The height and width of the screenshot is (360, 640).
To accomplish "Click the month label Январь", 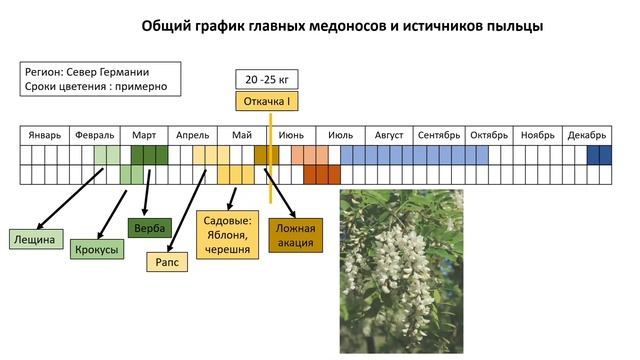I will [45, 135].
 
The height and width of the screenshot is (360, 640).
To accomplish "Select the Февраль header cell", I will [94, 135].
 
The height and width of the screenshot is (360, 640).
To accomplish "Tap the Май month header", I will [242, 135].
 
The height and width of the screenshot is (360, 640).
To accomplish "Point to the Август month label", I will [388, 135].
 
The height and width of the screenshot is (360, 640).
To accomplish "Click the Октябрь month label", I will [489, 135].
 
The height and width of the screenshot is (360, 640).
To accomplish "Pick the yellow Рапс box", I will [166, 262].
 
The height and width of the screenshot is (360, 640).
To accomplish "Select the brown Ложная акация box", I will [296, 235].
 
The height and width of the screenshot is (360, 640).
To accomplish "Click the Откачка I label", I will [267, 100].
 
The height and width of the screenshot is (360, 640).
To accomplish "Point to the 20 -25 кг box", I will [267, 79].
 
